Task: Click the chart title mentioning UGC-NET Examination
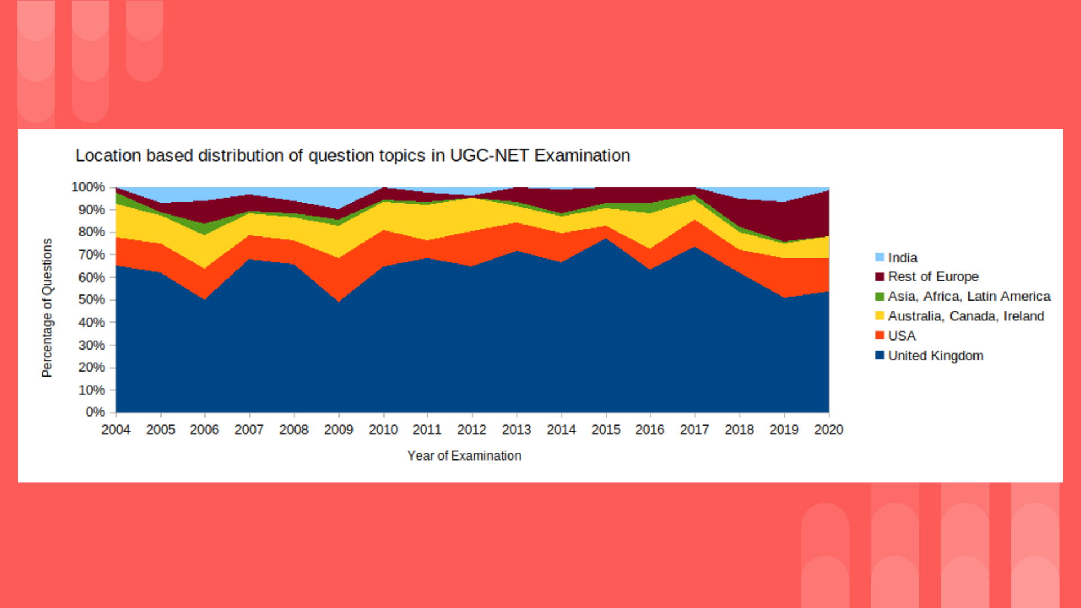pos(352,155)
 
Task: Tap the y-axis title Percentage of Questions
pos(47,307)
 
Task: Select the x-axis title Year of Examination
pos(464,456)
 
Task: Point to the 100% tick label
pos(88,187)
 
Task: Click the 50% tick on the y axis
pos(92,299)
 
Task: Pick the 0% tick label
pos(95,412)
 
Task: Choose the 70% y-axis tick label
pos(92,254)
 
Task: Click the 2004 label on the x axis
pos(116,430)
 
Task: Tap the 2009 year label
pos(338,430)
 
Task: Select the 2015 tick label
pos(606,430)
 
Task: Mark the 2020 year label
pos(829,430)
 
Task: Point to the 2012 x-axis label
pos(472,430)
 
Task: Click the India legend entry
pos(903,258)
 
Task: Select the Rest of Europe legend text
pos(933,277)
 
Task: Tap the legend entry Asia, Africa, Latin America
pos(969,297)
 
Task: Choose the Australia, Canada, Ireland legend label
pos(966,316)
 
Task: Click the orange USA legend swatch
pos(880,336)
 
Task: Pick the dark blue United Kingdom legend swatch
pos(880,355)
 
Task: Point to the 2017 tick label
pos(694,430)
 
